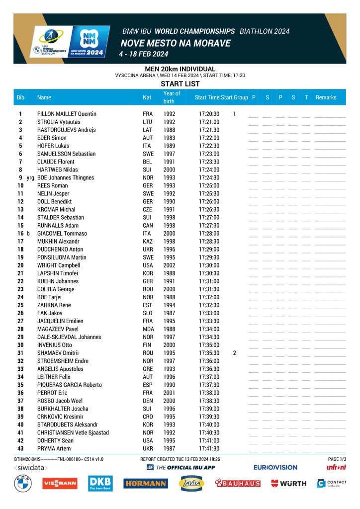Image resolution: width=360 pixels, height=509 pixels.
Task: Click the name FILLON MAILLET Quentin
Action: (67, 114)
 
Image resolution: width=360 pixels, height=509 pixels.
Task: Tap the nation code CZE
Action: (148, 209)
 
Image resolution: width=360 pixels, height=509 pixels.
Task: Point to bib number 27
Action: (20, 321)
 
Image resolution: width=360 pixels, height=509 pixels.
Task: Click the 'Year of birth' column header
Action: (172, 97)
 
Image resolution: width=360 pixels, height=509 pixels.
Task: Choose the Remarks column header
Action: (326, 97)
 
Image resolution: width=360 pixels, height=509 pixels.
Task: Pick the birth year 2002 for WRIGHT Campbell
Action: (169, 265)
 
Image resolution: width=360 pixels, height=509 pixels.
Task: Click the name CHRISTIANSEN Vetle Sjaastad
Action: (73, 432)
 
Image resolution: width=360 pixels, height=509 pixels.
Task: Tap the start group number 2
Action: (234, 353)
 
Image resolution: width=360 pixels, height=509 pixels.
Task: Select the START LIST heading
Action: (180, 84)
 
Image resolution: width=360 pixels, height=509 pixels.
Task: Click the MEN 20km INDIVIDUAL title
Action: (180, 69)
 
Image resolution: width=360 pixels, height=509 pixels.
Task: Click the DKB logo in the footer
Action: (100, 483)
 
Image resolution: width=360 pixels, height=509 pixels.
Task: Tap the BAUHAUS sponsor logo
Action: (237, 483)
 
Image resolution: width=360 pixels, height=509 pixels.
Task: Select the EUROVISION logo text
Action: (275, 468)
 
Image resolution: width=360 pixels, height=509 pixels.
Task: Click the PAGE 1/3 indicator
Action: (337, 459)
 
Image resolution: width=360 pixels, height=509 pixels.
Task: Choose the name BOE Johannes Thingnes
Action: (66, 177)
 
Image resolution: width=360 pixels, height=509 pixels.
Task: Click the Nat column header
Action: (147, 97)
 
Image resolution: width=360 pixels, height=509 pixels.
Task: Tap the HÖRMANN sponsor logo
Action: (146, 483)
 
